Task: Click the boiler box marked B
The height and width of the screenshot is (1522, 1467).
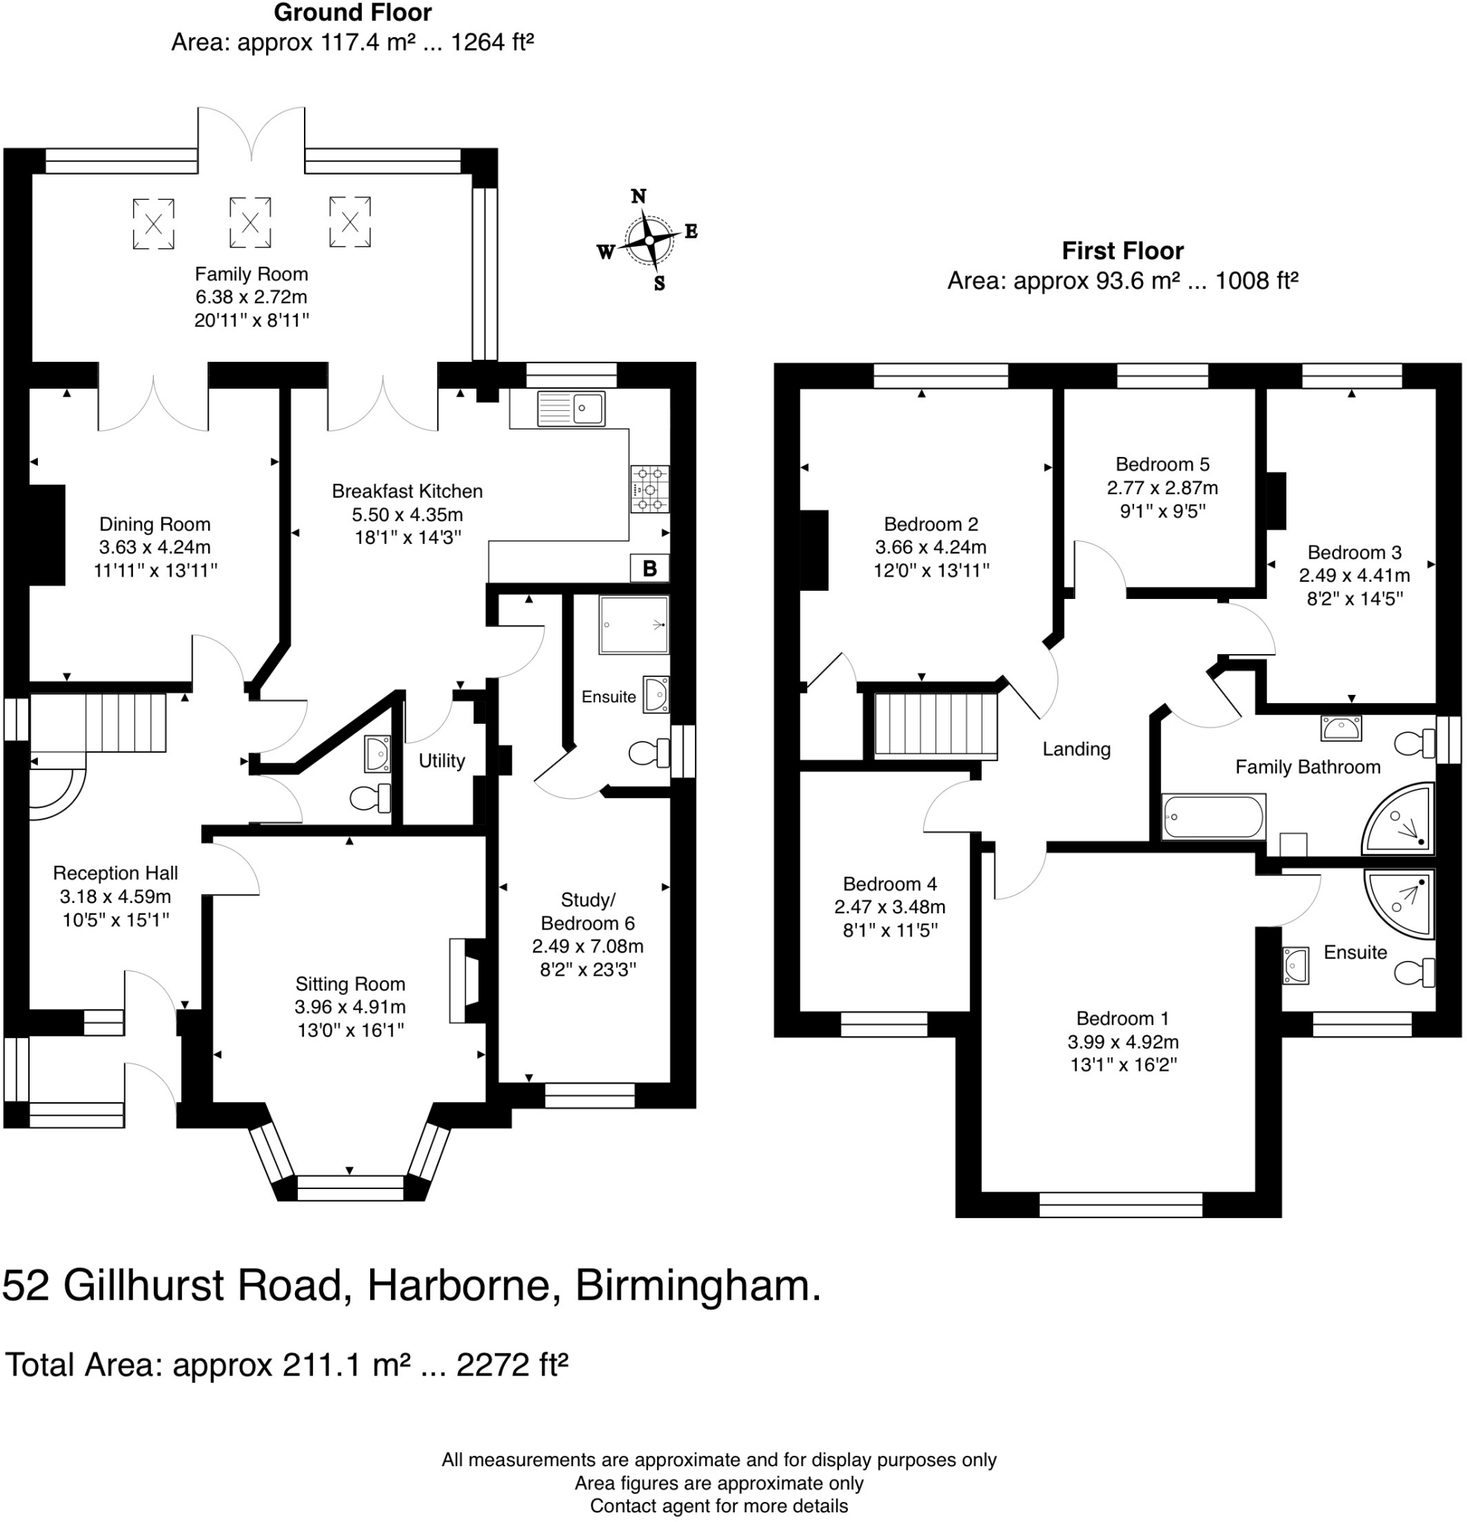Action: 650,569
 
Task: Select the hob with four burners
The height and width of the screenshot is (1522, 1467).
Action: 650,489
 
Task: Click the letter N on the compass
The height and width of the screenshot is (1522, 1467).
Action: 638,196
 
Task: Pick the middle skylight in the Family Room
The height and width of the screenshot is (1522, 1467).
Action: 250,223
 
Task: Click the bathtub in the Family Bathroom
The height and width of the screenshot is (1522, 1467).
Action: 1213,817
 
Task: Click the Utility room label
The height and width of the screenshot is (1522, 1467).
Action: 441,760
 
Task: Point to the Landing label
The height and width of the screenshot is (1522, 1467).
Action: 1075,748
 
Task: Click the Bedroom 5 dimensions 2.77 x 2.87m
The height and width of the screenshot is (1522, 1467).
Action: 1162,488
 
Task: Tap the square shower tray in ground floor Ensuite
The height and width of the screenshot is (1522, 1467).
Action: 633,624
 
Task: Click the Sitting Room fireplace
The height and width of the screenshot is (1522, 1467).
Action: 464,980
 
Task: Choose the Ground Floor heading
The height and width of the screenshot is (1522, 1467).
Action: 352,13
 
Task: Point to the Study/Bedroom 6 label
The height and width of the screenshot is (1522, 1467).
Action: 587,911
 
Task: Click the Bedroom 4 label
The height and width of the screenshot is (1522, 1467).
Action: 890,884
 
